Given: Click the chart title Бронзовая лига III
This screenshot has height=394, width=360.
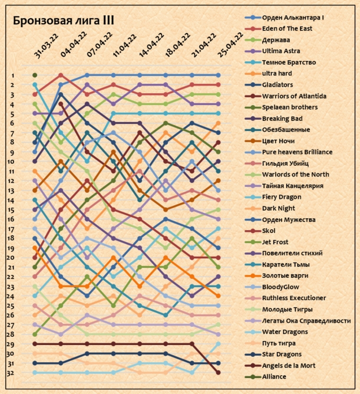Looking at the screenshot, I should coord(64,20).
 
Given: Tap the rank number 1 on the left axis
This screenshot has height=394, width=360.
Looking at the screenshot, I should coord(12,75).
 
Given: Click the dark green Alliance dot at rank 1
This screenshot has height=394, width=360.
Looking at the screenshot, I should coord(35,75).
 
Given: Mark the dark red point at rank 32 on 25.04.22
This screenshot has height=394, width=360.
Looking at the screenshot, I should coord(219,373).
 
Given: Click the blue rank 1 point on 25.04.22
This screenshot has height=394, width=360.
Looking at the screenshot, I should coord(219,75).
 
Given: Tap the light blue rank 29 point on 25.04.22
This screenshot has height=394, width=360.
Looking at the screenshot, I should coord(219,344).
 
